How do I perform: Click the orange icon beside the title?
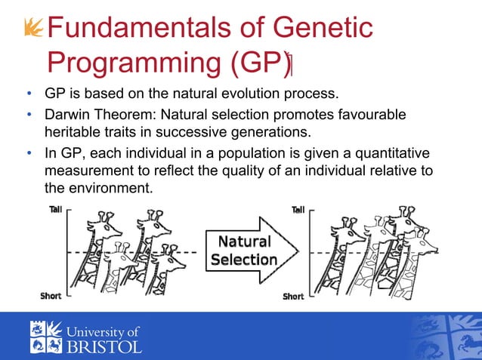[x=32, y=28]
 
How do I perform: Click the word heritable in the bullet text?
[x=73, y=132]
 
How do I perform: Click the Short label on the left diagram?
[x=51, y=297]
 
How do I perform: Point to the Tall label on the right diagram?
[x=298, y=210]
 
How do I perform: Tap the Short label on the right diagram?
[x=293, y=297]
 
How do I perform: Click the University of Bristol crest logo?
[x=44, y=337]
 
